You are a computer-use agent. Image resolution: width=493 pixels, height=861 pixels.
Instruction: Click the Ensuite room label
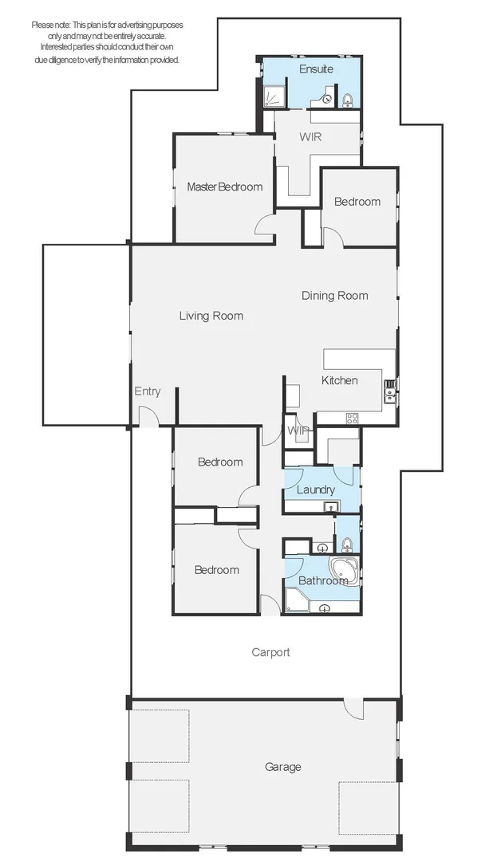[x=316, y=69]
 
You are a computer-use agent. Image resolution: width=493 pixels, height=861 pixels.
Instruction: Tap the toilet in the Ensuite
[x=347, y=100]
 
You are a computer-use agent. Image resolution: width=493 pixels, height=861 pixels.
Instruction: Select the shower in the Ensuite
[x=273, y=96]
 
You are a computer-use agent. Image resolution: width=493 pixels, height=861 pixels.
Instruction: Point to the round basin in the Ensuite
[x=328, y=100]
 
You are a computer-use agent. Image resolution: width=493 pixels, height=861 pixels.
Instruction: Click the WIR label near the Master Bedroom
[x=310, y=137]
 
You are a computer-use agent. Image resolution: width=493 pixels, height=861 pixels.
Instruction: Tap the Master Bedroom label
[x=225, y=187]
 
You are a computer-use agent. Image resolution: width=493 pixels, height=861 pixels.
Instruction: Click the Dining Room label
[x=335, y=296]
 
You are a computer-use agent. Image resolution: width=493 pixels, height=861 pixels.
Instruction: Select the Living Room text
[x=211, y=316]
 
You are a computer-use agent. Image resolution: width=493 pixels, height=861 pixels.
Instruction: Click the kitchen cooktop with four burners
[x=352, y=419]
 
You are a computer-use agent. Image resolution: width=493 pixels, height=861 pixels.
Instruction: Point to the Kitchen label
[x=340, y=380]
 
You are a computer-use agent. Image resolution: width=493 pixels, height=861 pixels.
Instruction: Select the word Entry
[x=148, y=391]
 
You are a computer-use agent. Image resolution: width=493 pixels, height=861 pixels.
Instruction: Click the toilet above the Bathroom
[x=347, y=545]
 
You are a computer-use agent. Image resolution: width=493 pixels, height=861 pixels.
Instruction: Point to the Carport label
[x=270, y=652]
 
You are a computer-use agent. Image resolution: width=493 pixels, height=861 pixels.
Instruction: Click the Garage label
[x=283, y=767]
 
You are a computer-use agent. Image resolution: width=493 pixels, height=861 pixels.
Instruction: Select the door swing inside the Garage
[x=353, y=710]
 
